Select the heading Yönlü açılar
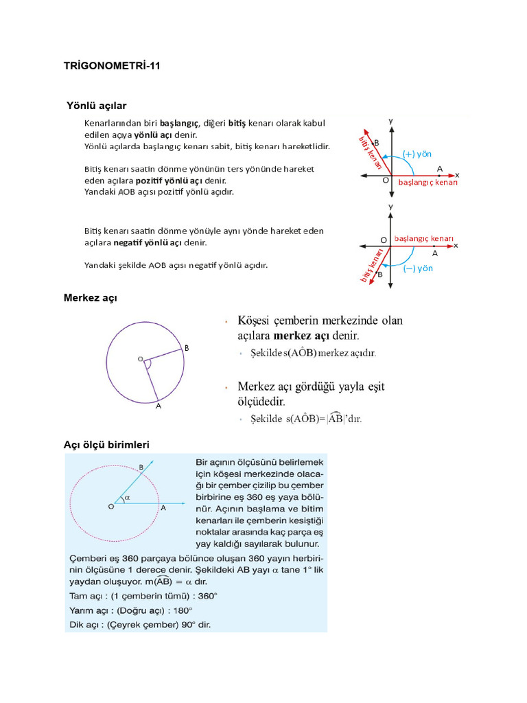pyautogui.click(x=97, y=105)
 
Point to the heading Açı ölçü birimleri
pyautogui.click(x=106, y=445)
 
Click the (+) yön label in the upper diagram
pyautogui.click(x=417, y=154)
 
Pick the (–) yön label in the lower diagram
pyautogui.click(x=418, y=268)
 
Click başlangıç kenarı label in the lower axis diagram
pyautogui.click(x=424, y=239)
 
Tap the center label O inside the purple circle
pyautogui.click(x=140, y=358)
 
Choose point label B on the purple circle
pyautogui.click(x=186, y=349)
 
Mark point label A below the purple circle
pyautogui.click(x=158, y=406)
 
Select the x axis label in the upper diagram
pyautogui.click(x=457, y=175)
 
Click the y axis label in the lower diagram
pyautogui.click(x=390, y=205)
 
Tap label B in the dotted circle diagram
pyautogui.click(x=141, y=467)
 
